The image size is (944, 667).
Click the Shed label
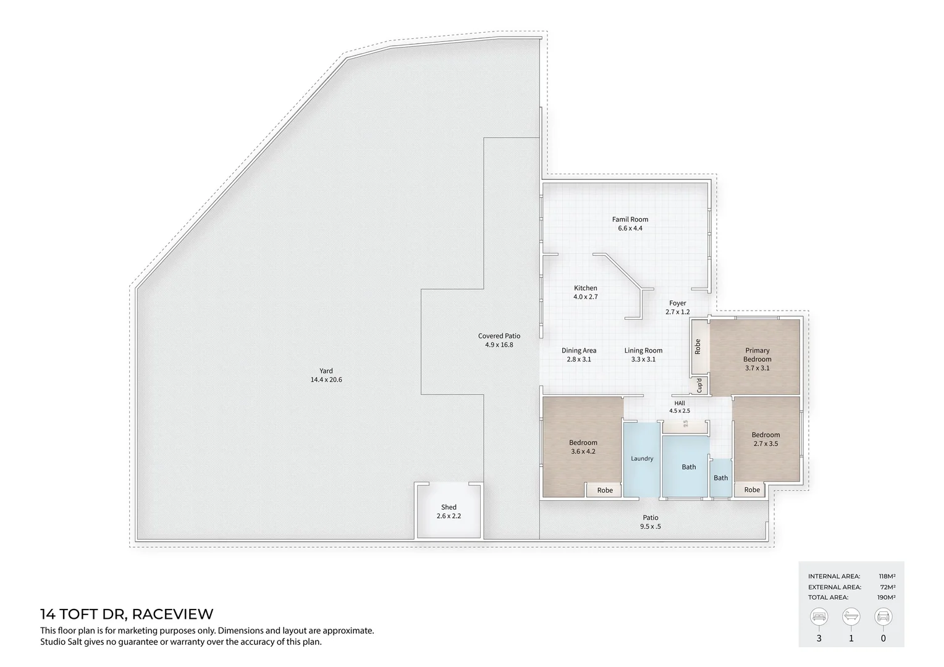pyautogui.click(x=449, y=511)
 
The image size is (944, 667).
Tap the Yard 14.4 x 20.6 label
pyautogui.click(x=326, y=375)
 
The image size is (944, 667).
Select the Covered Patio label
pyautogui.click(x=499, y=340)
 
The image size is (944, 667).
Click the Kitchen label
pyautogui.click(x=586, y=292)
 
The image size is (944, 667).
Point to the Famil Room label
pyautogui.click(x=630, y=224)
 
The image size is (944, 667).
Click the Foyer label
pyautogui.click(x=678, y=308)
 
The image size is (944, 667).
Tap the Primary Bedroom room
pyautogui.click(x=757, y=359)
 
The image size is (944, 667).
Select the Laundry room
pyautogui.click(x=642, y=459)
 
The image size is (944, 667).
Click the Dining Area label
pyautogui.click(x=579, y=354)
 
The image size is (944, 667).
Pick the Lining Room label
pyautogui.click(x=643, y=354)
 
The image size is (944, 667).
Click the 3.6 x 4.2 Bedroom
pyautogui.click(x=583, y=447)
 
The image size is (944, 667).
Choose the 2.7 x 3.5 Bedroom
pyautogui.click(x=766, y=439)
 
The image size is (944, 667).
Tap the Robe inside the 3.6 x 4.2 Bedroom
pyautogui.click(x=605, y=490)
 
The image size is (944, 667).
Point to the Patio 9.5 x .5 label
pyautogui.click(x=651, y=522)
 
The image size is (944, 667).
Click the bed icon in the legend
pyautogui.click(x=819, y=617)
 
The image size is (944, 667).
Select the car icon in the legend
pyautogui.click(x=883, y=617)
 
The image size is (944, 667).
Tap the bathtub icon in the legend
pyautogui.click(x=851, y=617)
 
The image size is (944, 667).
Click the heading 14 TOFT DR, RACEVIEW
pyautogui.click(x=127, y=615)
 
